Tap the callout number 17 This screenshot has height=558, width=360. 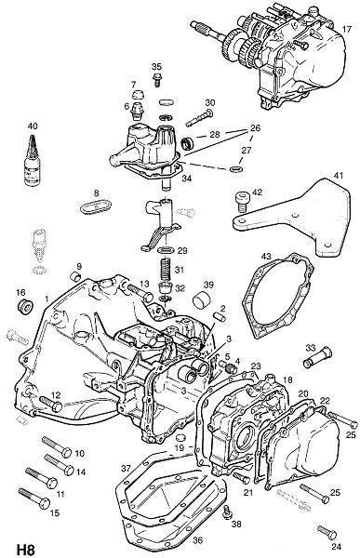347,29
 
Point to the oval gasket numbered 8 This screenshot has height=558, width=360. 96,206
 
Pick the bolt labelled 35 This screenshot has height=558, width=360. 156,79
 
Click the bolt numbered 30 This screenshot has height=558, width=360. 199,118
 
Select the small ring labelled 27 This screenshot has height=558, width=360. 235,168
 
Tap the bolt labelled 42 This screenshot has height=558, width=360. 242,201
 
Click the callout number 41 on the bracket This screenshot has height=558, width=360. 339,176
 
